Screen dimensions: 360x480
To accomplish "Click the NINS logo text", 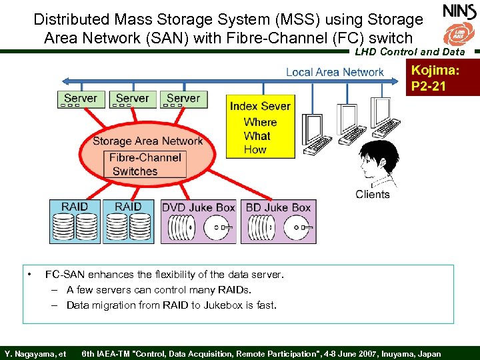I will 459,11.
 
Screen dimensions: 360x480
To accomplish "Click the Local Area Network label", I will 335,72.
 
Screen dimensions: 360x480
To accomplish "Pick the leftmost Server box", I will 81,99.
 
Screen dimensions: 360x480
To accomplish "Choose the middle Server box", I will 132,99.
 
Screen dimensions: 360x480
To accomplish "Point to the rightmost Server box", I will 183,99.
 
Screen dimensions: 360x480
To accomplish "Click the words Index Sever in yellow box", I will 260,106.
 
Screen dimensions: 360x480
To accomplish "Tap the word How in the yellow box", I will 255,149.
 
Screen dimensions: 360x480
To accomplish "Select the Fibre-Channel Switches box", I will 145,164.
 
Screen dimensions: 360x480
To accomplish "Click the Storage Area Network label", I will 147,141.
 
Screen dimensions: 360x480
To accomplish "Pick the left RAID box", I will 74,221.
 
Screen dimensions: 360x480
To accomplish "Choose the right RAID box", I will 128,221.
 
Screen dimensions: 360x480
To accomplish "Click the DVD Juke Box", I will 199,221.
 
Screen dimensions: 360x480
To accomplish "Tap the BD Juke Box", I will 278,221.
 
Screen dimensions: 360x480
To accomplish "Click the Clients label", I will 373,194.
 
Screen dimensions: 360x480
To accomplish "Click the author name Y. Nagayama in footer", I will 31,353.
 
